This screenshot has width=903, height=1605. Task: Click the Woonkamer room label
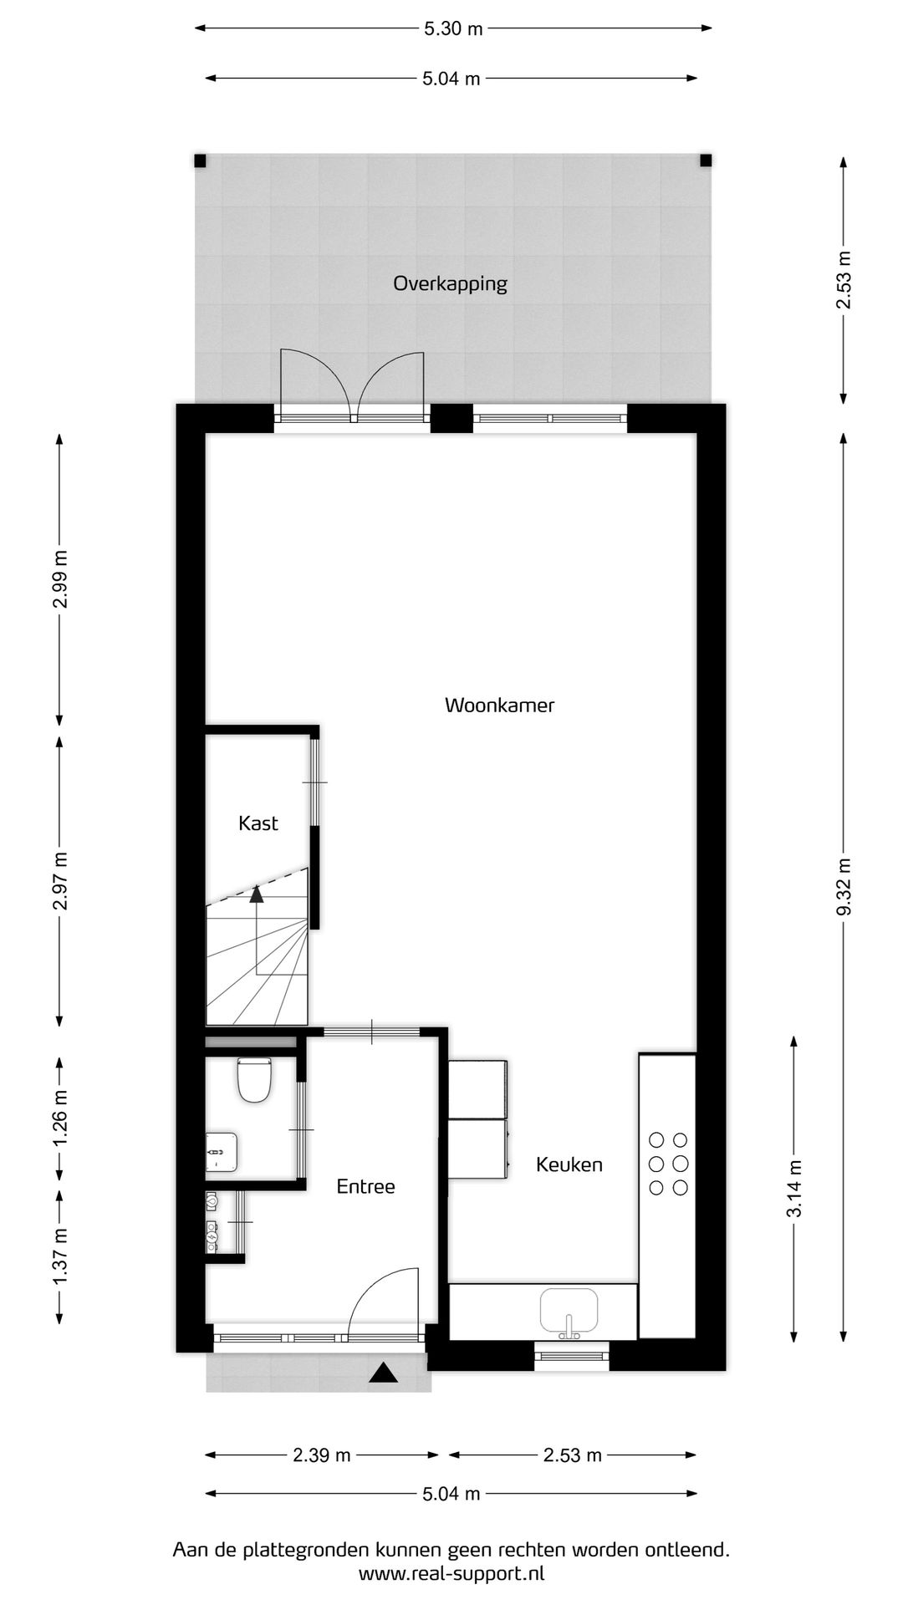point(499,705)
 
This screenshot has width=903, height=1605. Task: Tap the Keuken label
point(569,1164)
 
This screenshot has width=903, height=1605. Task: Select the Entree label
point(365,1186)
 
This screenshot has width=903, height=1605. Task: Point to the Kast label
point(258,823)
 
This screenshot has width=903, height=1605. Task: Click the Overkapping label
point(450,283)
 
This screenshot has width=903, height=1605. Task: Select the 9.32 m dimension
point(844,887)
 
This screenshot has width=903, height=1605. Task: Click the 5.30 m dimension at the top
point(453,28)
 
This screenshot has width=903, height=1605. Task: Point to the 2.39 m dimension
point(322,1455)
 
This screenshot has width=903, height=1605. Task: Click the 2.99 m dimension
point(59,578)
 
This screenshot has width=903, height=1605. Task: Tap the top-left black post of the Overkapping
point(200,160)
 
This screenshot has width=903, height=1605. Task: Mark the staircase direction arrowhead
point(256,894)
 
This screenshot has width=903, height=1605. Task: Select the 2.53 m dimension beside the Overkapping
point(844,279)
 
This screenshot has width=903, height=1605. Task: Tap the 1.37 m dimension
point(59,1258)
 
